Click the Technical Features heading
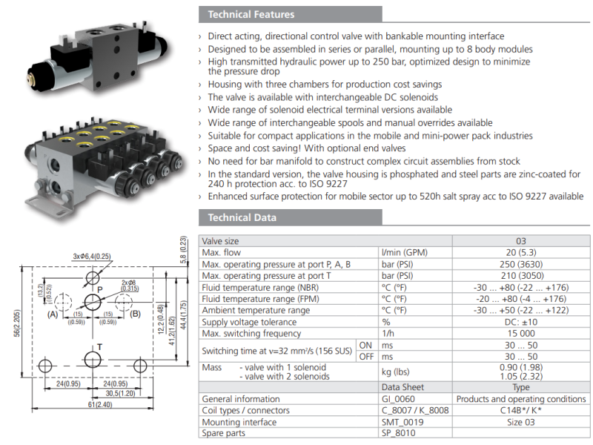(x=251, y=15)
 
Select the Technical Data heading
(x=242, y=217)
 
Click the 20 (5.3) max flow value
(x=521, y=252)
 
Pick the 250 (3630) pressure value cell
(x=521, y=264)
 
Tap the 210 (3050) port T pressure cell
(x=521, y=275)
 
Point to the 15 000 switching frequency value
(x=521, y=333)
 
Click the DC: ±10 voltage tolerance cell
(x=521, y=322)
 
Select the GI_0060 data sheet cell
(x=398, y=399)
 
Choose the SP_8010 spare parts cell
(x=398, y=433)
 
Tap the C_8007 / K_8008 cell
(x=415, y=410)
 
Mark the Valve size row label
(x=220, y=241)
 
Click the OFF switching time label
(x=366, y=357)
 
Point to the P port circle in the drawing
(x=93, y=303)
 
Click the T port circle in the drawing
(x=93, y=360)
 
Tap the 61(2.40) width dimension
(x=100, y=404)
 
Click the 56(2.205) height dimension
(x=17, y=323)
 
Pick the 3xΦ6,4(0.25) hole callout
(x=92, y=256)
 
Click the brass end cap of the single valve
(x=29, y=79)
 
